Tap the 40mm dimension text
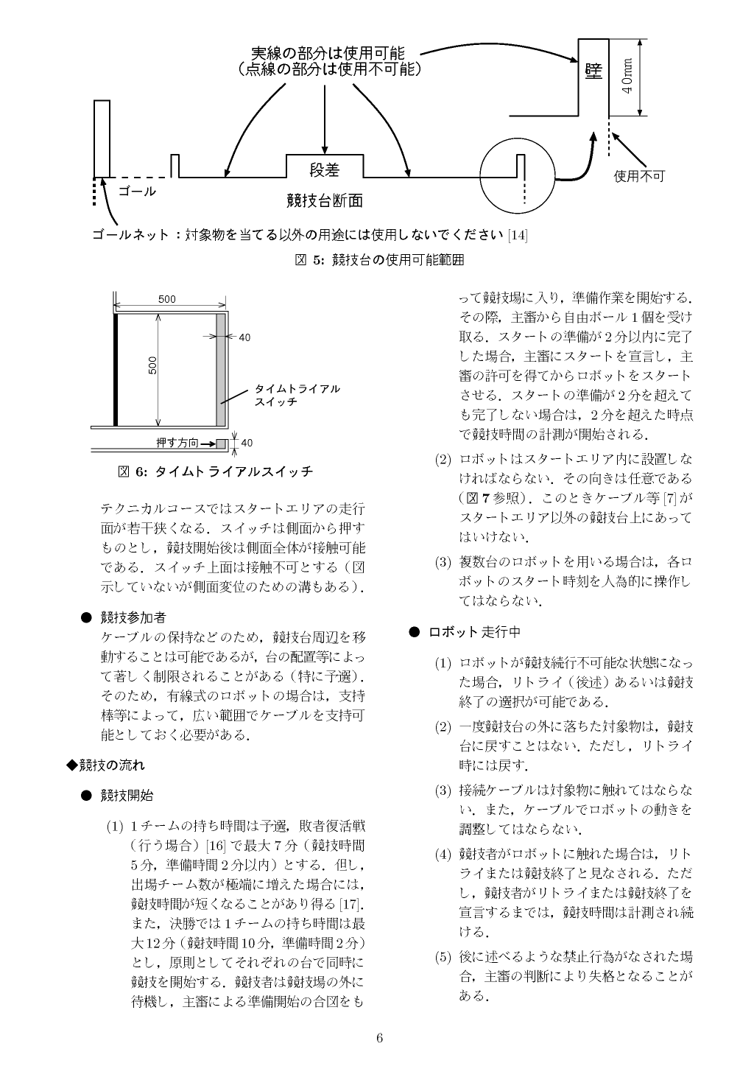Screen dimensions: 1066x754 627,76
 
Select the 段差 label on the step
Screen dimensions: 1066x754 324,170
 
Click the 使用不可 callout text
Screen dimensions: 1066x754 639,176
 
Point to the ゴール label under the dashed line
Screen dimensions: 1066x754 137,192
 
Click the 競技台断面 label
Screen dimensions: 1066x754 324,200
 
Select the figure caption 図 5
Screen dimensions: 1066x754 378,259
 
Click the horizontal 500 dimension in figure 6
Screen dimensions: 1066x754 167,299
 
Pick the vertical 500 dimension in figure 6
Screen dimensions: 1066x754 152,365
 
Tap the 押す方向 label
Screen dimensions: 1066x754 177,443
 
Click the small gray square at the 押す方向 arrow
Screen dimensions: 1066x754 221,443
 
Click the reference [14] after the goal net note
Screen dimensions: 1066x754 518,235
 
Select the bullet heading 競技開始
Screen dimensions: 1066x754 127,795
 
